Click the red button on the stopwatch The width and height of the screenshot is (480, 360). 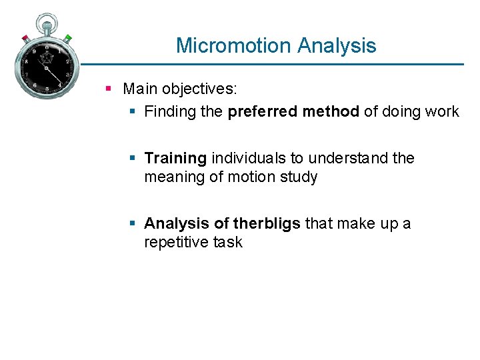pyautogui.click(x=25, y=37)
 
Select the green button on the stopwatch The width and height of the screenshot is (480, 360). pyautogui.click(x=68, y=38)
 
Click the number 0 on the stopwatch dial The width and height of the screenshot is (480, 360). pyautogui.click(x=46, y=46)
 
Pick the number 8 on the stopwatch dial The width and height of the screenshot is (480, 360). pyautogui.click(x=26, y=61)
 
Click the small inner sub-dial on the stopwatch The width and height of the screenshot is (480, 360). pyautogui.click(x=47, y=58)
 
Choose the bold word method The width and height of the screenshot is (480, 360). pyautogui.click(x=331, y=111)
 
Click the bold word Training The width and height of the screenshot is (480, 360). pyautogui.click(x=175, y=158)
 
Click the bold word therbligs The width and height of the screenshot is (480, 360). pyautogui.click(x=267, y=223)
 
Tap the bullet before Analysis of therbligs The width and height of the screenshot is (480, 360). pyautogui.click(x=132, y=223)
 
